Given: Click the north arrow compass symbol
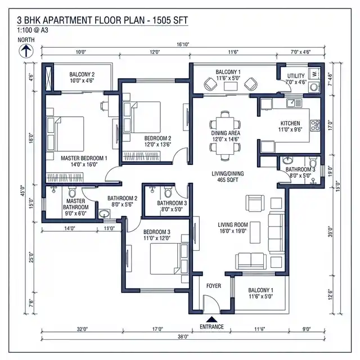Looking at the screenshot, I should pyautogui.click(x=25, y=52).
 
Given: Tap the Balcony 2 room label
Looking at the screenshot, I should pyautogui.click(x=82, y=78).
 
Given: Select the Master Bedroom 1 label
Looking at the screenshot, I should pyautogui.click(x=83, y=162).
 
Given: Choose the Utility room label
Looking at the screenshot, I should pyautogui.click(x=295, y=78).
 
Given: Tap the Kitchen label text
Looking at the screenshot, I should pyautogui.click(x=290, y=126).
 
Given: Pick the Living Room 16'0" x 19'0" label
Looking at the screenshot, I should pyautogui.click(x=233, y=228).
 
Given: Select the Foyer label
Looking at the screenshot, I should pyautogui.click(x=213, y=286).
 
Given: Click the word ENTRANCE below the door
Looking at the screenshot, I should pyautogui.click(x=211, y=327).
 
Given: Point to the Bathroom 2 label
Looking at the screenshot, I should pyautogui.click(x=122, y=201).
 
